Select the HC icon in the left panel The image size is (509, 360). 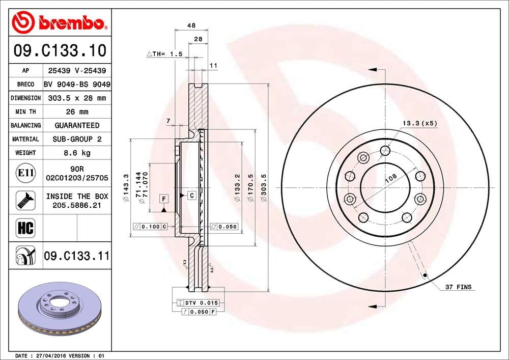coord(25,228)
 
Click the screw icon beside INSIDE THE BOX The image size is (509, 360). coord(25,200)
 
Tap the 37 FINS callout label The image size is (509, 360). coord(458,287)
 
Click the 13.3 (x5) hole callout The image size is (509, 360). coord(420,123)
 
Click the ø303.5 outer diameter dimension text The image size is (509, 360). coord(264,188)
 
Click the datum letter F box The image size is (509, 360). coord(164,198)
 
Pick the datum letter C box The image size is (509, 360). coord(191,195)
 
